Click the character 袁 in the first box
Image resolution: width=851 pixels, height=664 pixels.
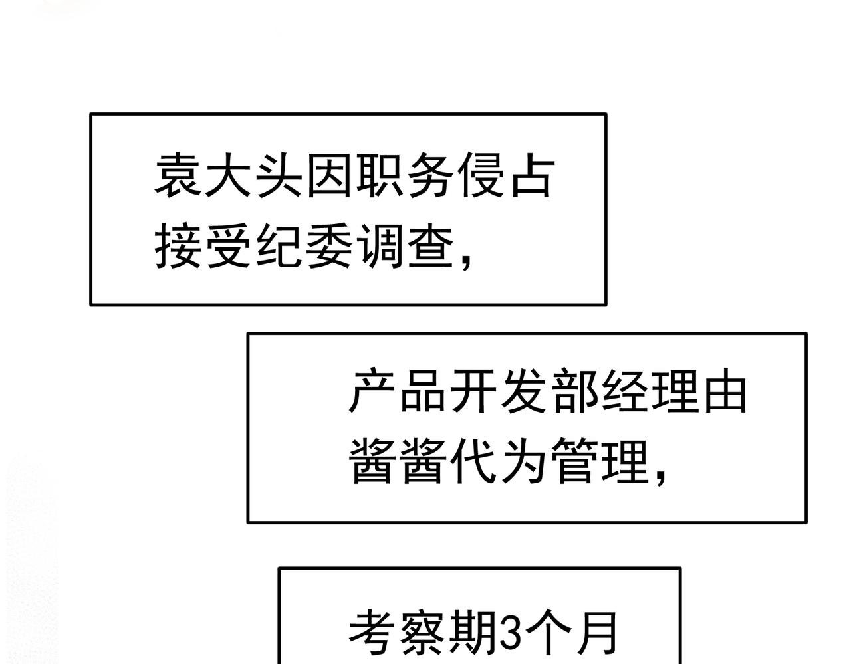coord(179,175)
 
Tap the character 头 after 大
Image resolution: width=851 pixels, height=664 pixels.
coord(279,175)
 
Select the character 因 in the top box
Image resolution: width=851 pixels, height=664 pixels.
coord(329,175)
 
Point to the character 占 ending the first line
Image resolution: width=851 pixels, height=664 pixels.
coord(533,175)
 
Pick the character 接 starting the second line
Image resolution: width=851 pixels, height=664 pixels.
coord(179,246)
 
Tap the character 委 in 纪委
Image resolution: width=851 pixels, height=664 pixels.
coord(329,246)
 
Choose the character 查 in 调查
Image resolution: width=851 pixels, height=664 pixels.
coord(430,246)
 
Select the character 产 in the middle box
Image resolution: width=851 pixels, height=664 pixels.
coord(372,390)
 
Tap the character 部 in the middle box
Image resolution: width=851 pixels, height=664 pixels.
coord(574,390)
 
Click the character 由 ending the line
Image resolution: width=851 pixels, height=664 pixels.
coord(725,390)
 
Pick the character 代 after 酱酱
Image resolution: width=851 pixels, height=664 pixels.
coord(473,461)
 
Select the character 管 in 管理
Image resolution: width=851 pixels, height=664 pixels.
coord(574,461)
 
